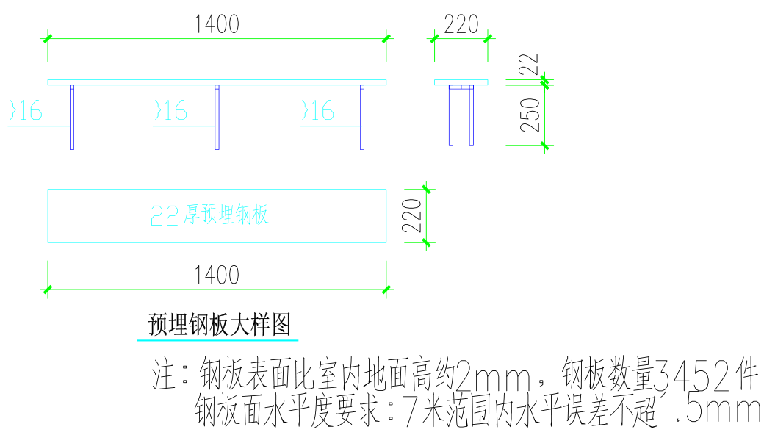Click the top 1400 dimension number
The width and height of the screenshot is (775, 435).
click(x=217, y=25)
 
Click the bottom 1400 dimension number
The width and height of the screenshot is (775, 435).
click(x=217, y=276)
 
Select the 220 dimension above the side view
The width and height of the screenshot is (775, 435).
click(x=461, y=25)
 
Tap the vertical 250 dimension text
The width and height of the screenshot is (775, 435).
click(x=531, y=115)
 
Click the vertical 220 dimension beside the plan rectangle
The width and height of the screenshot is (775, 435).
click(x=413, y=215)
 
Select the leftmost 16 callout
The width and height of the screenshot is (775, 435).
click(x=27, y=112)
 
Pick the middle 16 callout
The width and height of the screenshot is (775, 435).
click(x=172, y=112)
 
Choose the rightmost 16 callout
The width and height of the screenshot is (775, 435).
click(x=318, y=112)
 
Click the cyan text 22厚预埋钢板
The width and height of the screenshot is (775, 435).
click(x=210, y=215)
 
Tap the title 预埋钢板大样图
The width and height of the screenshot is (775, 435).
click(x=219, y=324)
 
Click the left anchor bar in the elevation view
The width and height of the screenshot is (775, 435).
click(x=72, y=118)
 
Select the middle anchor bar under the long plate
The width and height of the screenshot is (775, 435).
click(x=217, y=118)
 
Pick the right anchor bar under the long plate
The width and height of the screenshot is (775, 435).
click(x=362, y=118)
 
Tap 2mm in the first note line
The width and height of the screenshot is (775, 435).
click(x=492, y=377)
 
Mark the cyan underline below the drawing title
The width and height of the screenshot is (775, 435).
click(x=217, y=341)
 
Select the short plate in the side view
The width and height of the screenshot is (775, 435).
click(x=461, y=82)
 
